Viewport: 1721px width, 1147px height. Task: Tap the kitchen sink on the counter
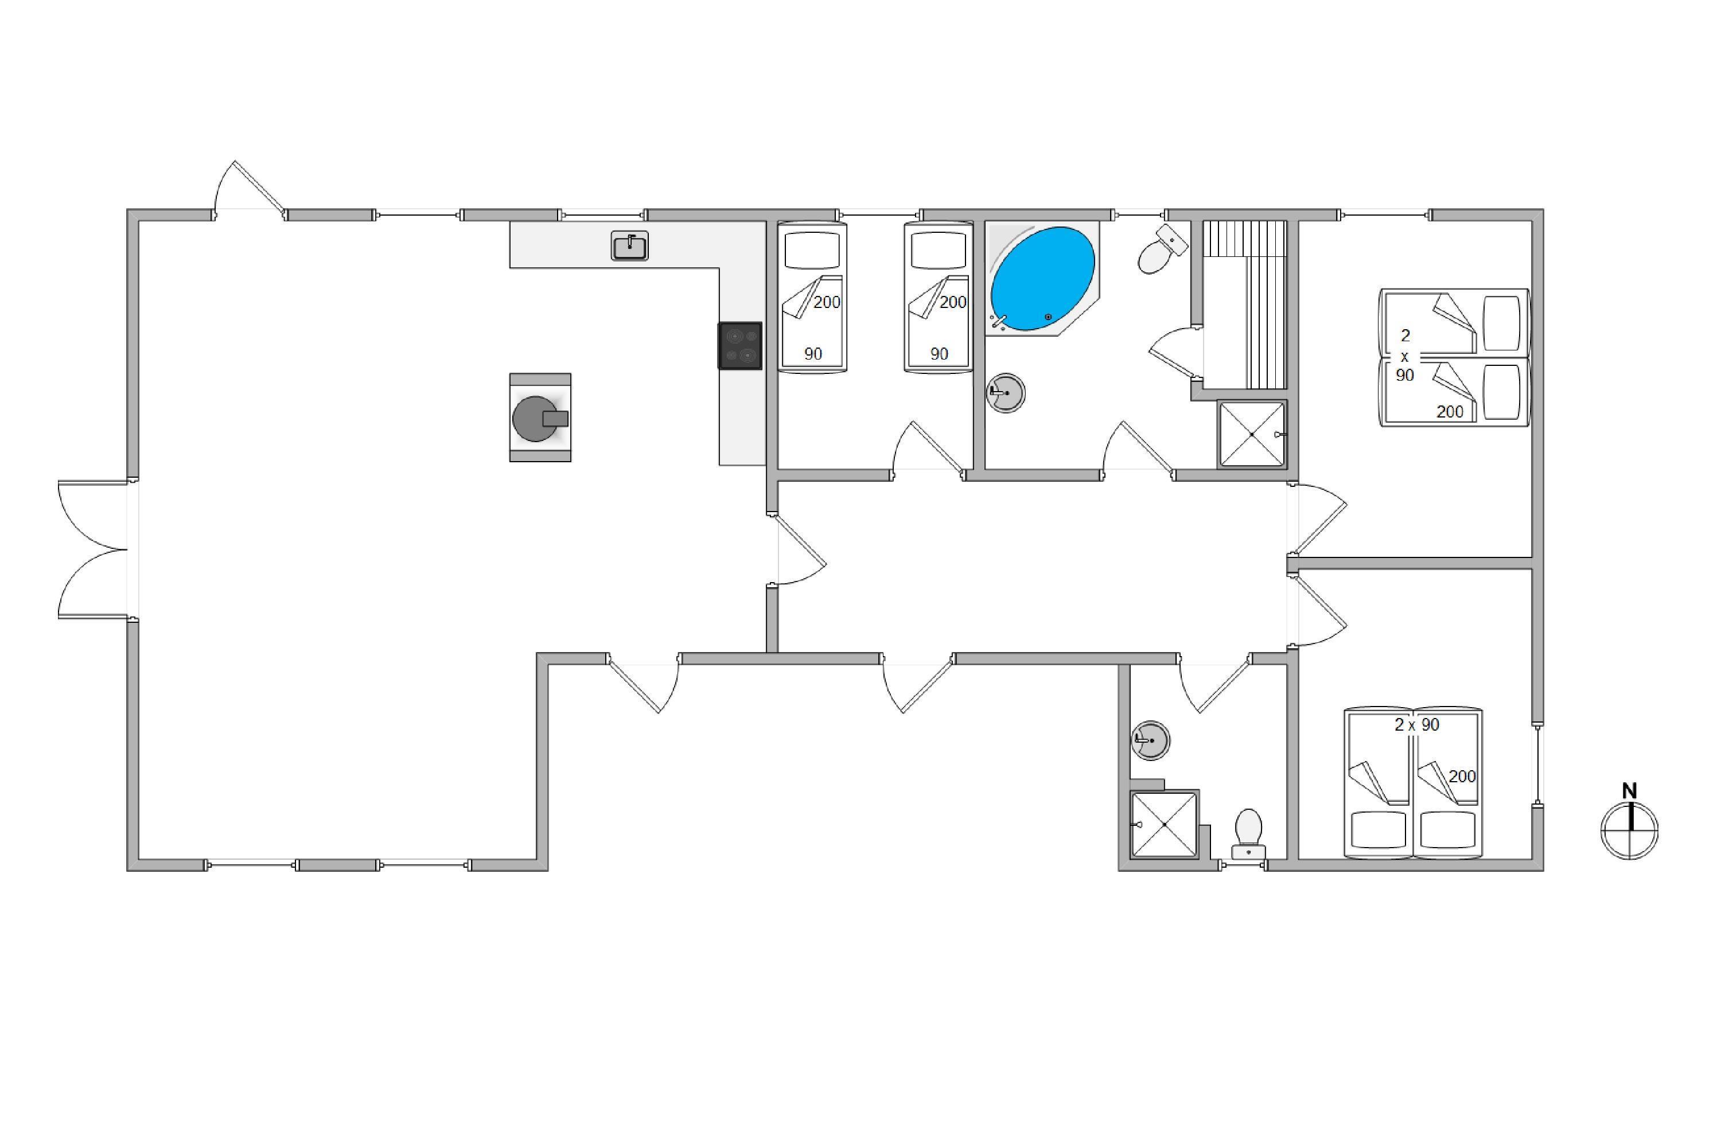629,247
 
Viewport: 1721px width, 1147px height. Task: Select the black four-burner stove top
740,345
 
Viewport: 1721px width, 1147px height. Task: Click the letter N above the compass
1629,791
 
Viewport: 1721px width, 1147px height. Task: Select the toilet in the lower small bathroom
1248,833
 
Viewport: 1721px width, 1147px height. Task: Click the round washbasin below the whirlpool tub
1006,393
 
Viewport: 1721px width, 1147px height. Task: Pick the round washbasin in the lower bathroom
1150,740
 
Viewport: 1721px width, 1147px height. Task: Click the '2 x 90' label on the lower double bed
1416,725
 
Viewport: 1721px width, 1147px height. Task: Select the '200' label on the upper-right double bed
1450,412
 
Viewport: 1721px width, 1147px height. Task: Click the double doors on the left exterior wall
94,549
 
